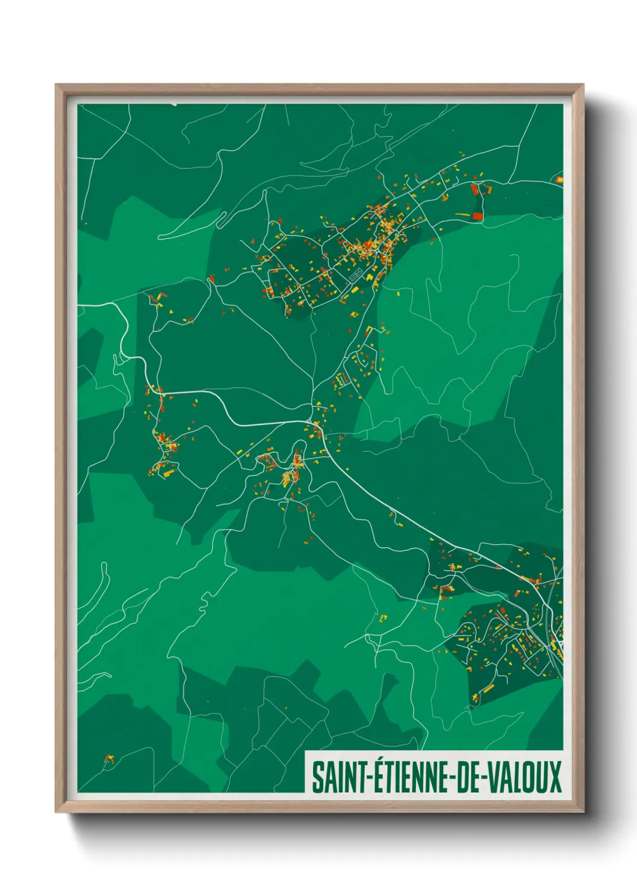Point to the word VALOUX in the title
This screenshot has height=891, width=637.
coord(524,777)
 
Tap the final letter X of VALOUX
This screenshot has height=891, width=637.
coord(554,777)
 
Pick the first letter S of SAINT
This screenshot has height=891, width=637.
coord(317,777)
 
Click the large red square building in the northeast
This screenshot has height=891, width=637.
coord(478,216)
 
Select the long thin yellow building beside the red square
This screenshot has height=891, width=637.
coord(462,214)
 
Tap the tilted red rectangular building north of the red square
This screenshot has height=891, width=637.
coord(474,190)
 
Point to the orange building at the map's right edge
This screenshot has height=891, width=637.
coord(559,179)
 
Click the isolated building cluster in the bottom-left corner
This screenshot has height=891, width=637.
coord(108,758)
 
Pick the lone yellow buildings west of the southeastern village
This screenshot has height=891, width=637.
coord(383,618)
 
